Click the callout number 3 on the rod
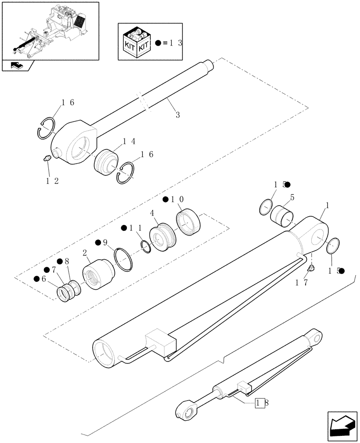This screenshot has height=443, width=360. tap(177, 115)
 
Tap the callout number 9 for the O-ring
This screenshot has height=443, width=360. tap(104, 242)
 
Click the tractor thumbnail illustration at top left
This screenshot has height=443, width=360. tap(50, 30)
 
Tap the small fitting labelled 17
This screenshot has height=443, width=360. tap(311, 268)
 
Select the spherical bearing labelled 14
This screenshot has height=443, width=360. tap(107, 163)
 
